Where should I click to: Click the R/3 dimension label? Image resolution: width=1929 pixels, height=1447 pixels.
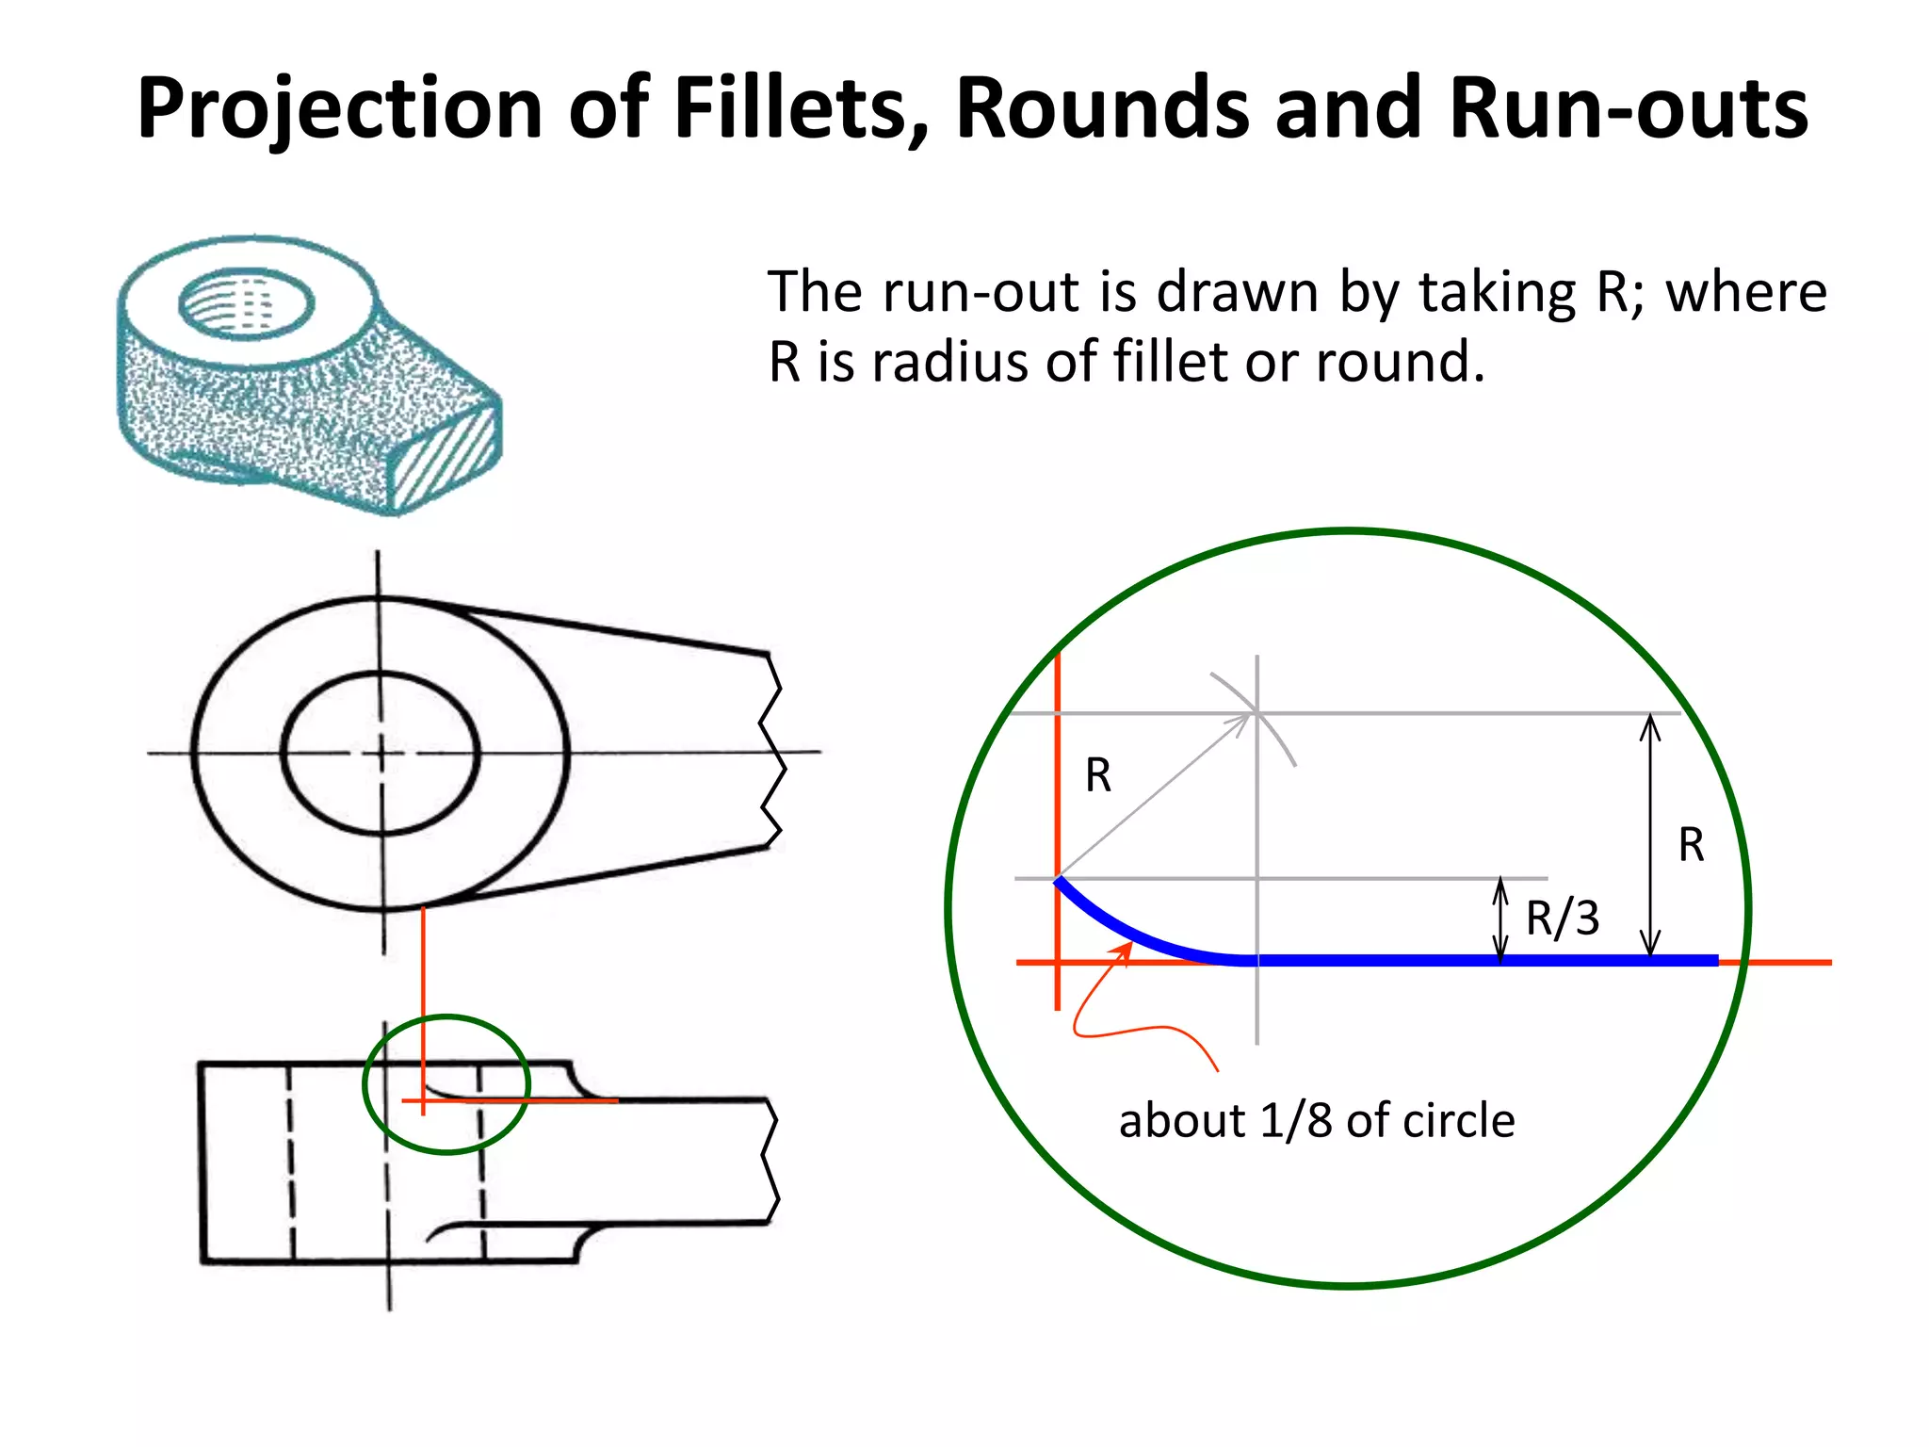[x=1562, y=919]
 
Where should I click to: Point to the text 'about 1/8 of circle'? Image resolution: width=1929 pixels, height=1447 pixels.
[x=1317, y=1121]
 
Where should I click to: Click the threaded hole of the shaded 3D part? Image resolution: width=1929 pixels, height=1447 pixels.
[x=246, y=303]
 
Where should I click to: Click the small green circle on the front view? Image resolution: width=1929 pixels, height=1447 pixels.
[x=365, y=1083]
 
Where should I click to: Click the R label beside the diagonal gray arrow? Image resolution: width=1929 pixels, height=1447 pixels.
[x=1098, y=776]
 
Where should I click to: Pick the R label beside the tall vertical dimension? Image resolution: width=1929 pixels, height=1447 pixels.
[x=1691, y=845]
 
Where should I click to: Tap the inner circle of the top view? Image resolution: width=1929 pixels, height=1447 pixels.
[x=283, y=754]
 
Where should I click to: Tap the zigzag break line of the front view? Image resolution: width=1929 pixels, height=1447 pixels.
[x=770, y=1161]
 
